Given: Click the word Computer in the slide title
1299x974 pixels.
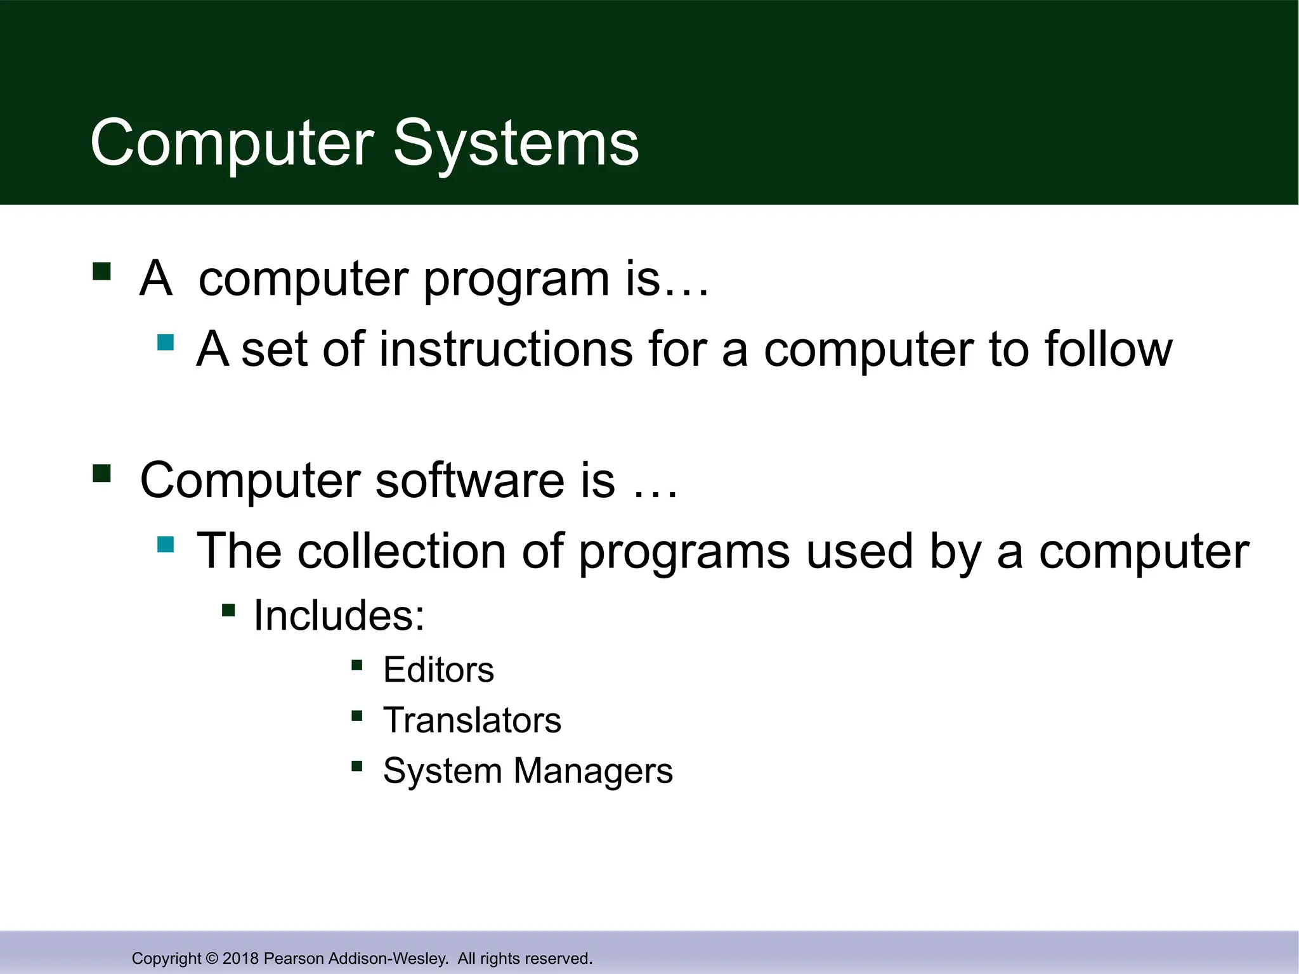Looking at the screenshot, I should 232,145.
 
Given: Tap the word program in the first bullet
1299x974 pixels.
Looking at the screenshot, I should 516,279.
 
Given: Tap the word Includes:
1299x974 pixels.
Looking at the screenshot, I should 339,616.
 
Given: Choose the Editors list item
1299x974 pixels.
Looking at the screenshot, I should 438,670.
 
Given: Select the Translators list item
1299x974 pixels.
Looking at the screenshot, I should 472,721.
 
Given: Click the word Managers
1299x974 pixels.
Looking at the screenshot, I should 592,772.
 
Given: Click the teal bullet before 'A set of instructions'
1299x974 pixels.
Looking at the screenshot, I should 166,343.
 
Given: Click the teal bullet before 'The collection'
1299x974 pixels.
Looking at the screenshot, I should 166,545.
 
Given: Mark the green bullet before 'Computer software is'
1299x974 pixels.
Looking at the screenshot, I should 101,474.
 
